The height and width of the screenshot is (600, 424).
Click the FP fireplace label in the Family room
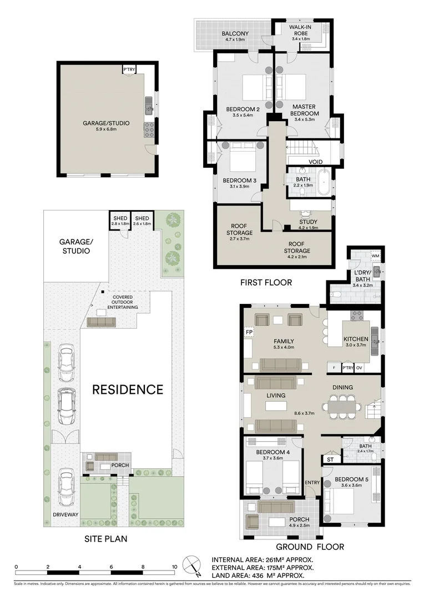249,333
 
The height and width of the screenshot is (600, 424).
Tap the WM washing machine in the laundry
360,256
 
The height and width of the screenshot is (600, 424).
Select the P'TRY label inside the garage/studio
129,69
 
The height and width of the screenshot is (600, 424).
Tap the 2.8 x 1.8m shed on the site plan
119,220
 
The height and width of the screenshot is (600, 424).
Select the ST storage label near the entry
330,459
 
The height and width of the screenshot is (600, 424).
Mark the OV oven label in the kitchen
359,368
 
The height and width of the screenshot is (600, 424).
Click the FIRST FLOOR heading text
266,282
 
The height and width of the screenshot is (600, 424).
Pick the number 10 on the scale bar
175,567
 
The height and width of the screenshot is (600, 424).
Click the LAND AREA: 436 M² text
262,576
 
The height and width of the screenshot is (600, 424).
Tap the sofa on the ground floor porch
277,507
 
